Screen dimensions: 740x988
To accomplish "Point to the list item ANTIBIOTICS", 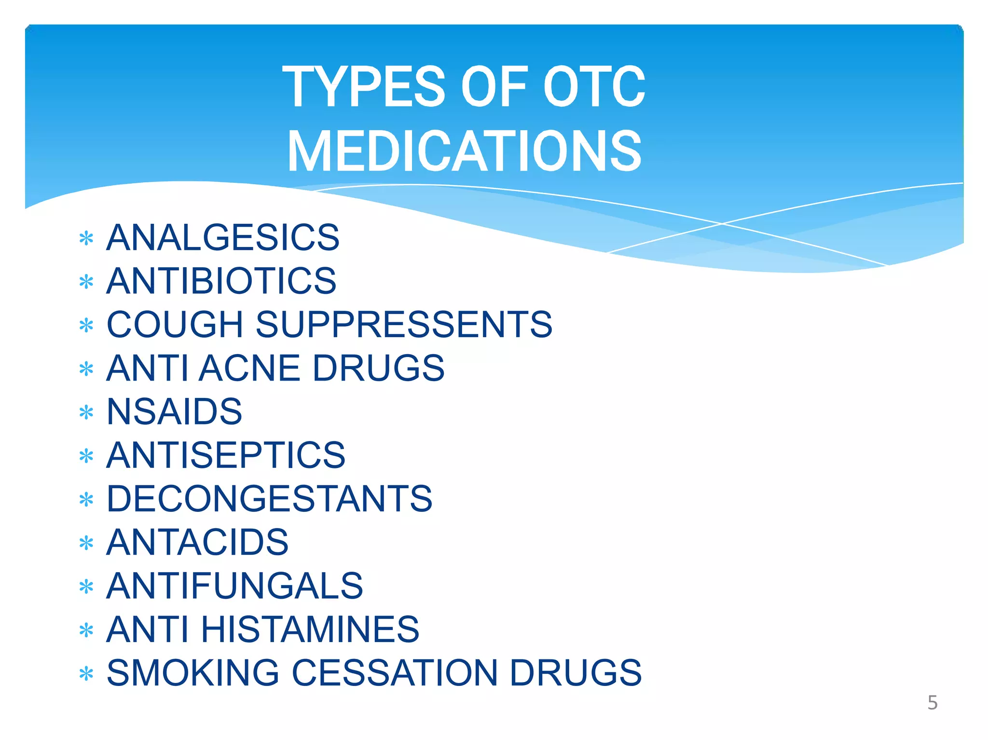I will click(x=221, y=281).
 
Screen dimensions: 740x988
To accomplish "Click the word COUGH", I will click(x=175, y=324).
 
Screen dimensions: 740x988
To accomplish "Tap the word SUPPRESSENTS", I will click(x=404, y=324).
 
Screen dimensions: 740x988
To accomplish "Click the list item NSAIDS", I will click(x=174, y=411).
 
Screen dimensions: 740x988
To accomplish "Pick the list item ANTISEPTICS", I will click(x=226, y=455).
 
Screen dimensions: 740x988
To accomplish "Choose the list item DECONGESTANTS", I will click(x=269, y=498).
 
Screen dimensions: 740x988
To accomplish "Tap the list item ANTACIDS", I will click(x=197, y=542).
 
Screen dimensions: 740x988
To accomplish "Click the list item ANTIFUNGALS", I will click(x=234, y=586).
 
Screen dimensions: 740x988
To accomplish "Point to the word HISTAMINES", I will click(x=310, y=629).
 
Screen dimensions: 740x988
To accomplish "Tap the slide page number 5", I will click(x=932, y=703).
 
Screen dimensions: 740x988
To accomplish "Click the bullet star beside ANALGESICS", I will click(x=86, y=238).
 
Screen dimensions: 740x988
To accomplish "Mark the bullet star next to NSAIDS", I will click(x=86, y=412).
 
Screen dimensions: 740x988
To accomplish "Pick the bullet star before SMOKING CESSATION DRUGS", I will click(x=86, y=674).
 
